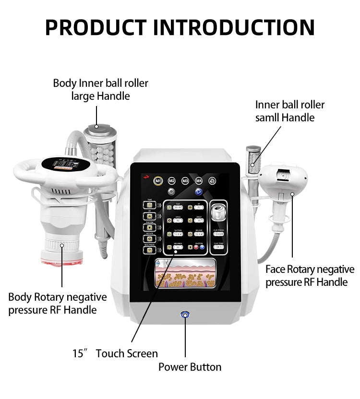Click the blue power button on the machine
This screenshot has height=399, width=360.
(185, 315)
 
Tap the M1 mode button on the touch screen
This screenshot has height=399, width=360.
(158, 181)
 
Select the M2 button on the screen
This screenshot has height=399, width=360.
(172, 181)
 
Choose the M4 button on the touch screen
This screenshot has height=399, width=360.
(199, 181)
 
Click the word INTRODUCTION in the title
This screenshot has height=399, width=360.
(238, 27)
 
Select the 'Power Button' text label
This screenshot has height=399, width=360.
(190, 367)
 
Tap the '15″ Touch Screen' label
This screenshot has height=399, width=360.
(115, 354)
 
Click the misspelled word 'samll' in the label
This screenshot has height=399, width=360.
(268, 117)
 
